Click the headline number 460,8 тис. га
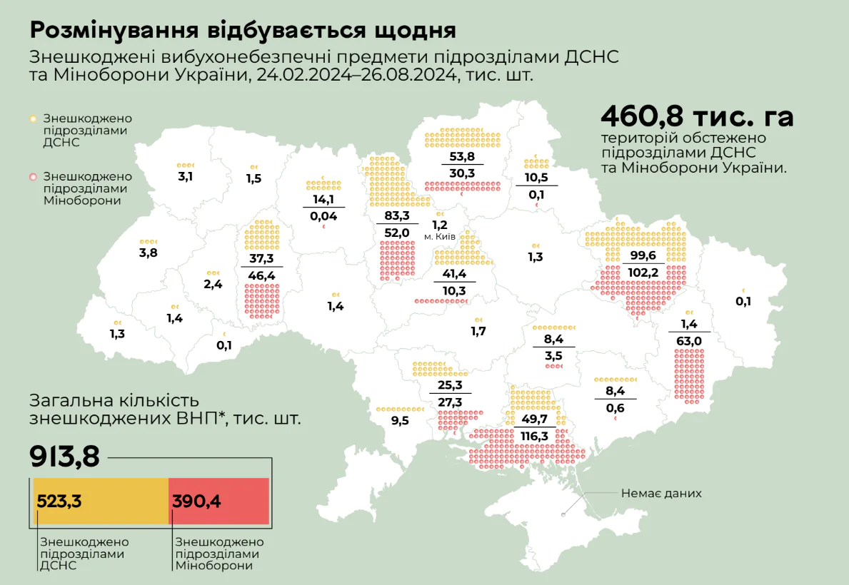pyautogui.click(x=697, y=117)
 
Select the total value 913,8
pyautogui.click(x=64, y=457)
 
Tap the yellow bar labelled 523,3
pyautogui.click(x=100, y=501)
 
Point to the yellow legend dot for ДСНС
pyautogui.click(x=33, y=118)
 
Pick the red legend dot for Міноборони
pyautogui.click(x=33, y=175)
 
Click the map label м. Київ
pyautogui.click(x=440, y=236)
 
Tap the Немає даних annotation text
pyautogui.click(x=660, y=493)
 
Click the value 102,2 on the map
pyautogui.click(x=643, y=272)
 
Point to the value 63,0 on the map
pyautogui.click(x=689, y=341)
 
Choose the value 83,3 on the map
pyautogui.click(x=396, y=215)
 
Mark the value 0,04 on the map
pyautogui.click(x=323, y=215)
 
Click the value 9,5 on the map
pyautogui.click(x=400, y=421)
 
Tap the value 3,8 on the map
pyautogui.click(x=149, y=253)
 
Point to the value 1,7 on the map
pyautogui.click(x=478, y=331)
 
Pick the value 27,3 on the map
pyautogui.click(x=450, y=403)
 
